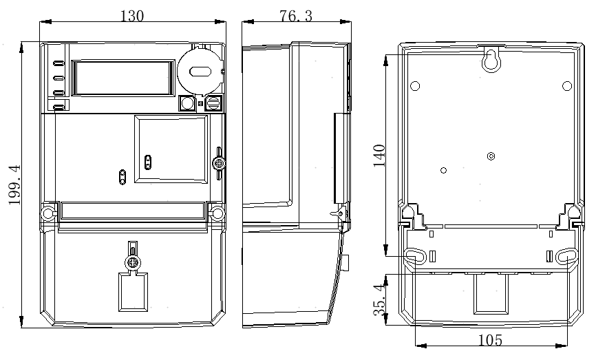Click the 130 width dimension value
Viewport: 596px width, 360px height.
tap(132, 16)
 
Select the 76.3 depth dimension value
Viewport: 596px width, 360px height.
tap(296, 16)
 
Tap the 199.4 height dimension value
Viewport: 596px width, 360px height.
tap(15, 184)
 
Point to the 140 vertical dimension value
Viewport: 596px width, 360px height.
tap(379, 156)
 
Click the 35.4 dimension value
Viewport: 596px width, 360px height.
tap(380, 300)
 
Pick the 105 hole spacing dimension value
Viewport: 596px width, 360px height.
tap(490, 340)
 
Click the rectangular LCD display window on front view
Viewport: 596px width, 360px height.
tap(123, 78)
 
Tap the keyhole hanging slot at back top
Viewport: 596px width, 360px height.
tap(491, 59)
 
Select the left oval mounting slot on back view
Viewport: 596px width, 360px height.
tap(415, 256)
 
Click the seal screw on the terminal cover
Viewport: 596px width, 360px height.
tap(132, 262)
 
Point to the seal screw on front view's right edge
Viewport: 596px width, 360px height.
tap(219, 163)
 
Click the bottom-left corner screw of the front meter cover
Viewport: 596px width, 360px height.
tap(48, 213)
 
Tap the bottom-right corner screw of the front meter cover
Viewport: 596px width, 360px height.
tap(217, 213)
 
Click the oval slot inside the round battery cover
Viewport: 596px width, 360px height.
tap(200, 72)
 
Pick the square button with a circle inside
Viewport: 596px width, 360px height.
tap(187, 103)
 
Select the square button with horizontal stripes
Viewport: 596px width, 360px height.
tap(213, 103)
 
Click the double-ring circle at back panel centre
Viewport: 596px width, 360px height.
tap(491, 156)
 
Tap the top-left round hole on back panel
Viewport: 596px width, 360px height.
tap(415, 86)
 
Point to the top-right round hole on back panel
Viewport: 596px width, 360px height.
tap(566, 86)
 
